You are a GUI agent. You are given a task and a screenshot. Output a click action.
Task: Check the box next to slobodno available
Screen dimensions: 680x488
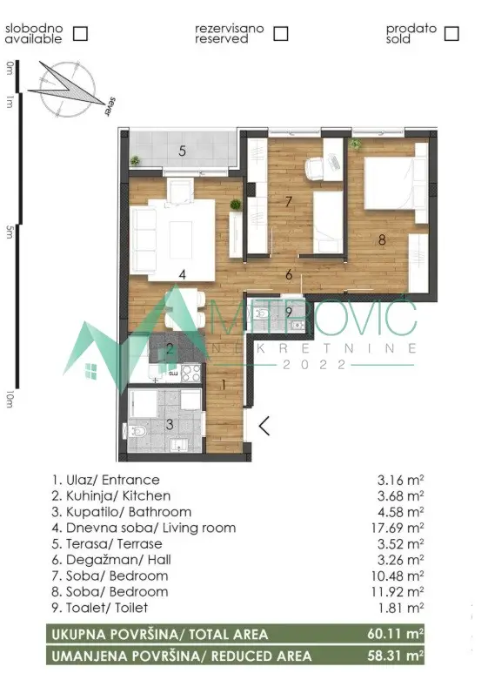click(80, 34)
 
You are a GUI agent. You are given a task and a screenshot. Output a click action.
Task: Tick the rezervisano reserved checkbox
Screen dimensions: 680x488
click(280, 34)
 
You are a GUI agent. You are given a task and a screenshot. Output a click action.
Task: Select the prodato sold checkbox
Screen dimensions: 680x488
click(451, 34)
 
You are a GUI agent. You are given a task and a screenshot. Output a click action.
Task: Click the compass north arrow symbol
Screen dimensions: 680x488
click(65, 87)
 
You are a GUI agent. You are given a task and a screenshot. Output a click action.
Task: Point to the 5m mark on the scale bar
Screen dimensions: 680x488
click(10, 231)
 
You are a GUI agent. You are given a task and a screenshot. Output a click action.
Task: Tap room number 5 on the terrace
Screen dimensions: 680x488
click(182, 151)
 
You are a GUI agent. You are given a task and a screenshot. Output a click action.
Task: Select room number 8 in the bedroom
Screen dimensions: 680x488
click(381, 232)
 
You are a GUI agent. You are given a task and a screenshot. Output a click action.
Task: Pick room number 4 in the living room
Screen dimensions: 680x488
click(182, 274)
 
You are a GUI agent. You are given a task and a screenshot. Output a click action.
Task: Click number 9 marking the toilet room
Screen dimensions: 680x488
click(288, 312)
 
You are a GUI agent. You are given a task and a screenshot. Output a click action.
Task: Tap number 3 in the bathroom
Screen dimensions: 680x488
click(170, 424)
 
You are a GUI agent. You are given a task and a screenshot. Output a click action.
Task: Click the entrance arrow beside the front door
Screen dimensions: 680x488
click(264, 426)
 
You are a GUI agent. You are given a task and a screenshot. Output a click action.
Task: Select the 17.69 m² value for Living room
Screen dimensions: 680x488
click(400, 528)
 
